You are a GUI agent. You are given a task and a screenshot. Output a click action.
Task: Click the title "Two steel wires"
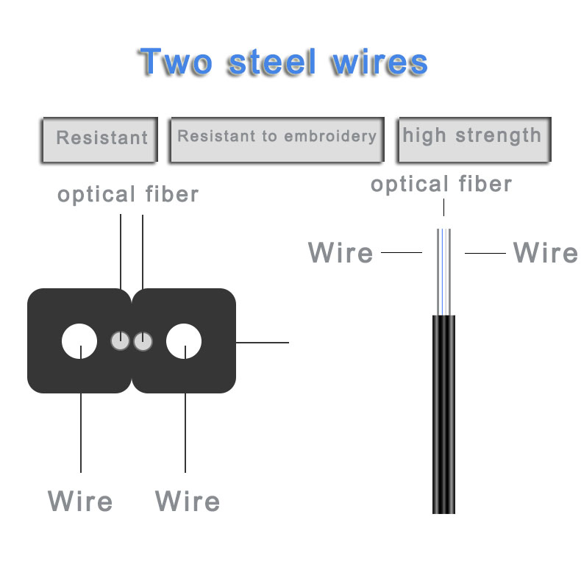(x=283, y=62)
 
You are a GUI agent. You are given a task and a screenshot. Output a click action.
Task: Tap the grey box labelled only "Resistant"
(x=101, y=138)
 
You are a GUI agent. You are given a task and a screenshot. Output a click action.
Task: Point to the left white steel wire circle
(x=79, y=342)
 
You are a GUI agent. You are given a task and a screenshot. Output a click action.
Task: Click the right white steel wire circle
(x=184, y=342)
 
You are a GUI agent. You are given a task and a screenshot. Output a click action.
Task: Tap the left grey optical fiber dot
(x=120, y=341)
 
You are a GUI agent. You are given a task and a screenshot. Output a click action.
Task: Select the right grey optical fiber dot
(x=143, y=341)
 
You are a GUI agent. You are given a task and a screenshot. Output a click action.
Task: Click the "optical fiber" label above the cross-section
(x=128, y=195)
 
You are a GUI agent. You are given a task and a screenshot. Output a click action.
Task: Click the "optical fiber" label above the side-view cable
(x=441, y=184)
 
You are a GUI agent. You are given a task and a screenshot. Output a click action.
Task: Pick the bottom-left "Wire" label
(x=80, y=502)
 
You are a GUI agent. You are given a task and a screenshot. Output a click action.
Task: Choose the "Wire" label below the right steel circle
(x=188, y=502)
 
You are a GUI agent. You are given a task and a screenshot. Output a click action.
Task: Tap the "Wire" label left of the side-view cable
(x=341, y=253)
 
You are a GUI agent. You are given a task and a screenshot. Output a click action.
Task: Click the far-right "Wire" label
(x=545, y=253)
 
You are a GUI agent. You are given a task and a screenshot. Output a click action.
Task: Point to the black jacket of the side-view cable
(x=443, y=412)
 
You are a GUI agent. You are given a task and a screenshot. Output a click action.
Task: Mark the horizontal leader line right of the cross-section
(x=263, y=342)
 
